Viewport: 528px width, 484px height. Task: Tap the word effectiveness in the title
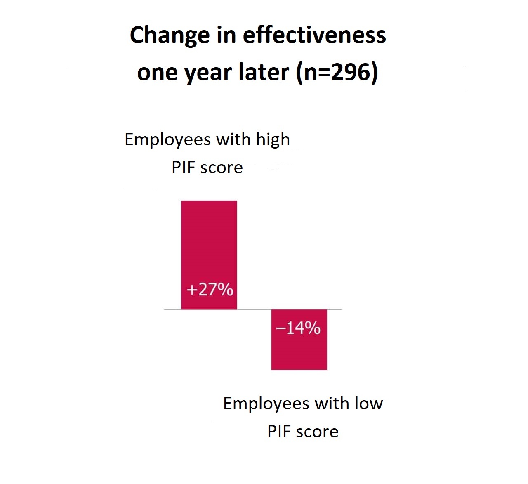[x=314, y=35]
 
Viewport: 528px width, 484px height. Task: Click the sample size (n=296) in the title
[x=337, y=73]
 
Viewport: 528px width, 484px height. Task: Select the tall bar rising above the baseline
[x=209, y=243]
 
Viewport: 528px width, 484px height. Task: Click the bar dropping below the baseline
[x=299, y=351]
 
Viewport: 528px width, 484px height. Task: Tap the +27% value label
[x=210, y=290]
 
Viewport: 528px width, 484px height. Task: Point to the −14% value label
[x=298, y=328]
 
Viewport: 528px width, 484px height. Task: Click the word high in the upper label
[x=273, y=139]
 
